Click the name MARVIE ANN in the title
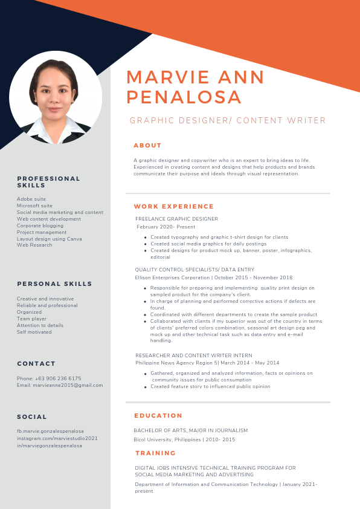click(196, 77)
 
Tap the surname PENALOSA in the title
click(184, 97)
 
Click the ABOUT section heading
click(147, 145)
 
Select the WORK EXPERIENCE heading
click(174, 207)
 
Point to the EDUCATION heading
click(158, 415)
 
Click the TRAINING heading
click(155, 453)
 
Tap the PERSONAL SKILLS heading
click(54, 284)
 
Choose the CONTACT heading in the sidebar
click(36, 363)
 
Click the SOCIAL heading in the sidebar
click(32, 417)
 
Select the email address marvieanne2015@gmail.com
click(66, 385)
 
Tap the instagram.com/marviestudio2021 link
click(57, 438)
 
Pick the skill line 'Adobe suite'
click(31, 199)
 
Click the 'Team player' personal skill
click(31, 319)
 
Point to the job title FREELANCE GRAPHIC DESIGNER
click(176, 219)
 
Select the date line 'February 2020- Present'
click(162, 227)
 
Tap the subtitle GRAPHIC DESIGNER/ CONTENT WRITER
click(228, 121)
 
